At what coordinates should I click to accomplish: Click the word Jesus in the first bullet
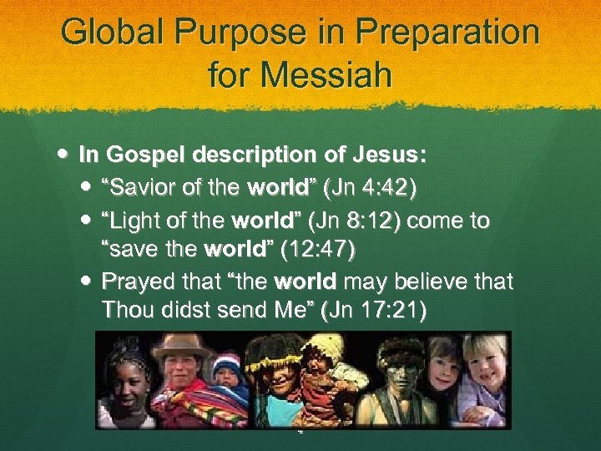click(392, 155)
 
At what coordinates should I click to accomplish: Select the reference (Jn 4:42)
click(370, 187)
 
